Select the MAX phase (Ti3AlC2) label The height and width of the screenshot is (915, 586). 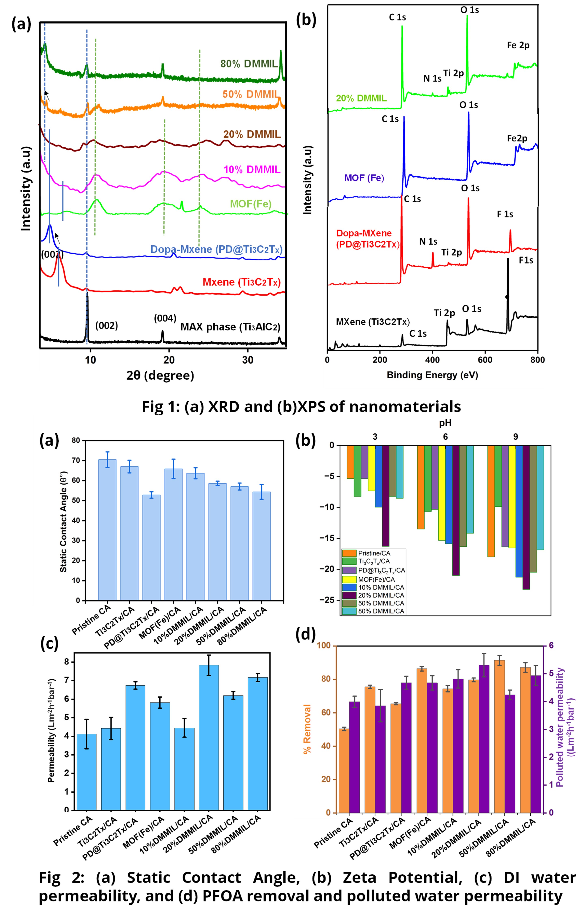click(230, 327)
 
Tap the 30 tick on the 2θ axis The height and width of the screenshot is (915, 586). click(248, 360)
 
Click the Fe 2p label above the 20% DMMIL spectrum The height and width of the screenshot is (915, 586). click(518, 45)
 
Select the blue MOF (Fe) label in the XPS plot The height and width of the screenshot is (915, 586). click(364, 178)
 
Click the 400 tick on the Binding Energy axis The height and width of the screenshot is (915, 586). click(432, 360)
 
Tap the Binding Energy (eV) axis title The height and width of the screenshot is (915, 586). click(432, 375)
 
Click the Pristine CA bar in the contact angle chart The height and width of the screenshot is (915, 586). click(107, 529)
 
